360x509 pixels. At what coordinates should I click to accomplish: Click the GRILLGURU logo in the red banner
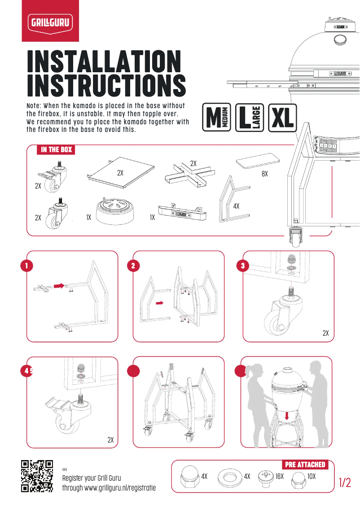coord(51,21)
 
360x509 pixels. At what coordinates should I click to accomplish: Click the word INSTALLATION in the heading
coord(104,61)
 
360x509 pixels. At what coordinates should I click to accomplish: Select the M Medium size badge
coord(217,118)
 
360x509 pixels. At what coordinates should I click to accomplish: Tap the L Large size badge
coord(250,118)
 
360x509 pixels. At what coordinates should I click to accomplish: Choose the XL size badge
coord(282,118)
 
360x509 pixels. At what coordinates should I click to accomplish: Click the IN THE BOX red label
coord(56,149)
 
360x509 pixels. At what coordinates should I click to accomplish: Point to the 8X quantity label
coord(264,173)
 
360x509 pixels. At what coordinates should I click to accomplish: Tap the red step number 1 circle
coord(27,266)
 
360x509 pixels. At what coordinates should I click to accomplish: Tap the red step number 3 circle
coord(242,266)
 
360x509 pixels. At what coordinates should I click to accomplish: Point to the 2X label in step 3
coord(326,333)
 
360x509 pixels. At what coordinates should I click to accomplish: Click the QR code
coord(37,476)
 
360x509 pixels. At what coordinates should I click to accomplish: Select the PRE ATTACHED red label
coord(305,464)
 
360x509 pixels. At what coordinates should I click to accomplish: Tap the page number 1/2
coord(345,483)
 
